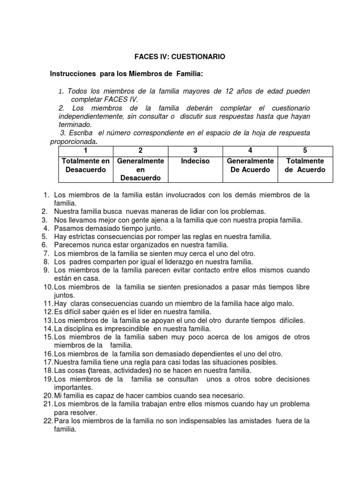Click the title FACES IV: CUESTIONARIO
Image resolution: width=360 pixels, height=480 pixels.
(180, 57)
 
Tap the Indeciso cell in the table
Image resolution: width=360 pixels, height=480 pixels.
(195, 161)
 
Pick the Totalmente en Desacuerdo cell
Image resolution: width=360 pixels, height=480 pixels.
(85, 165)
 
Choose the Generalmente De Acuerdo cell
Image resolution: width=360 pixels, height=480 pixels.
(250, 165)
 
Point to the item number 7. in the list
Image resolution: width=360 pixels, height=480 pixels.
(46, 254)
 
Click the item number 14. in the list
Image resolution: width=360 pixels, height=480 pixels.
(47, 329)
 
